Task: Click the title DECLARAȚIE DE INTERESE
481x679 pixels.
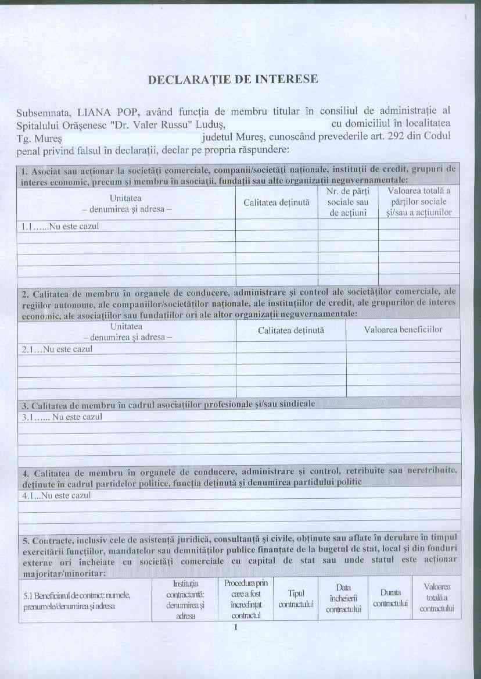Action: [x=233, y=79]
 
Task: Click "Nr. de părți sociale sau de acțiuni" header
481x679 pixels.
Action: [x=347, y=202]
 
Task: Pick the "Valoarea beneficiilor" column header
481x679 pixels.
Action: [x=403, y=330]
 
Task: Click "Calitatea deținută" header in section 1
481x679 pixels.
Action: [x=277, y=202]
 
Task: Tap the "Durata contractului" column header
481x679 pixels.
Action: [x=390, y=598]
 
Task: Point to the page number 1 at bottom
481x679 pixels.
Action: [x=236, y=628]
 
